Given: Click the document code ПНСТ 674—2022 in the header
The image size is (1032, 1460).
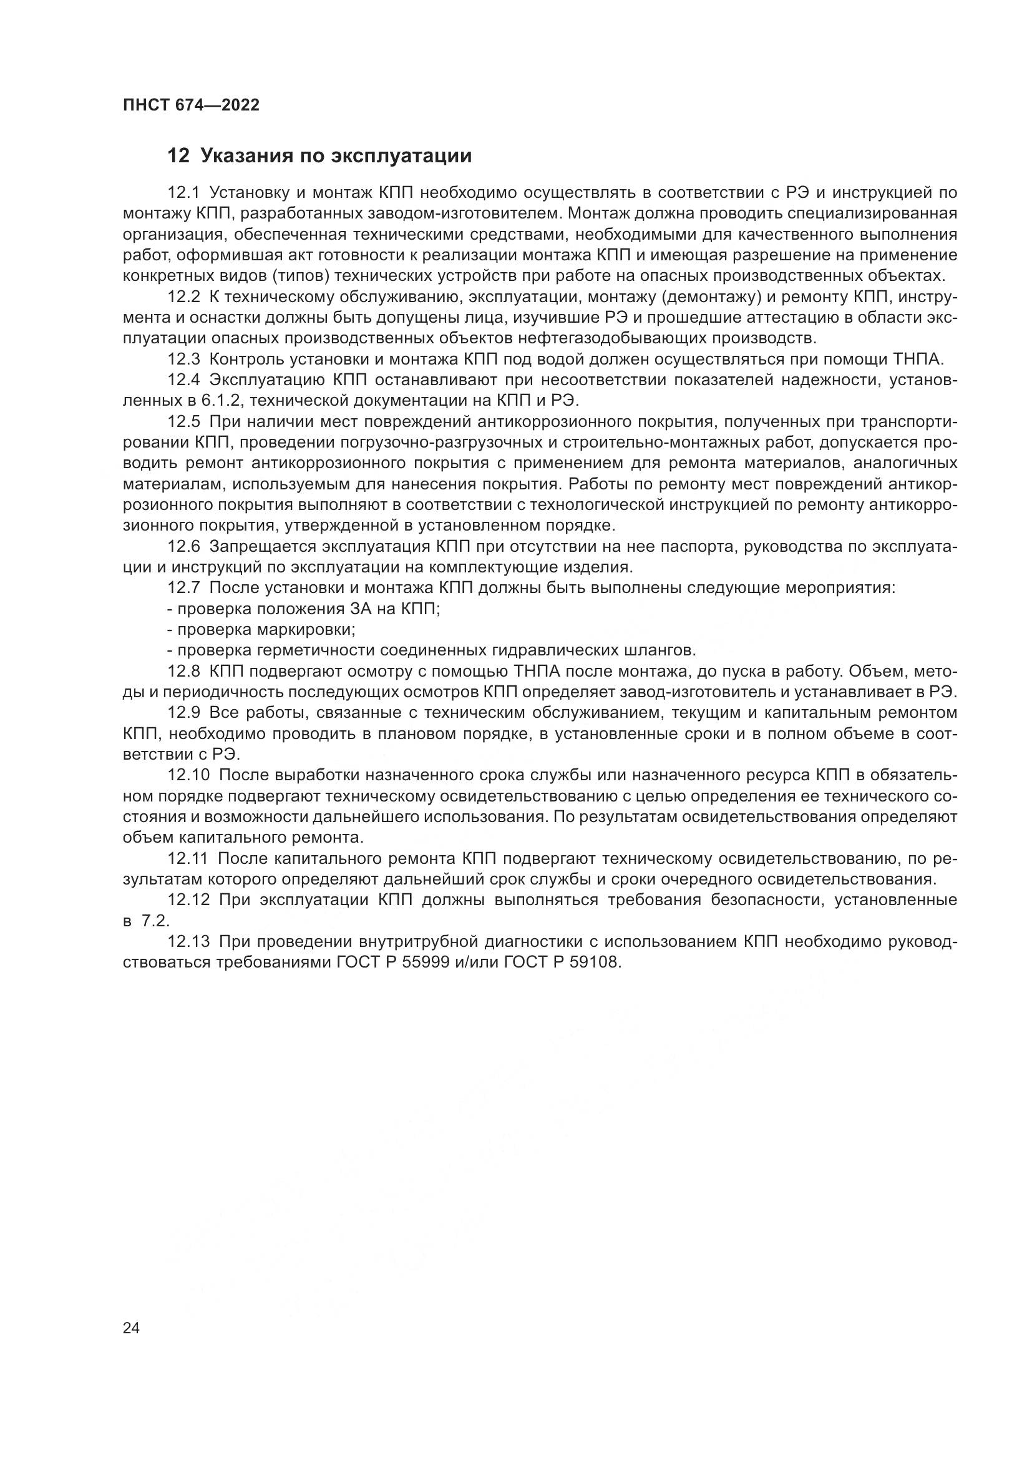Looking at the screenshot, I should click(192, 105).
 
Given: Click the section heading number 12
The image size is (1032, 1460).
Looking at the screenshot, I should click(178, 156).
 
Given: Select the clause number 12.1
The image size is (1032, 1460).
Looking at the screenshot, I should click(183, 193).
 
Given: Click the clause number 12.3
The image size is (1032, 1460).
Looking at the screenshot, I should click(183, 360).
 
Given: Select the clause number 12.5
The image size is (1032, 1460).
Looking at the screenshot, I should click(183, 422).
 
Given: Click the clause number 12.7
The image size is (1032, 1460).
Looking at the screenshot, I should click(183, 588).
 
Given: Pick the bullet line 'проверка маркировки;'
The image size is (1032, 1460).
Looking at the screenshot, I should click(261, 630).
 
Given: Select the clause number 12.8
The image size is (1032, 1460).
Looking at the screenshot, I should click(183, 672).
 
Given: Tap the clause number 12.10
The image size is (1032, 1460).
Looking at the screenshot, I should click(188, 775).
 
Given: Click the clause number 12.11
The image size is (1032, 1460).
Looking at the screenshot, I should click(187, 859).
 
